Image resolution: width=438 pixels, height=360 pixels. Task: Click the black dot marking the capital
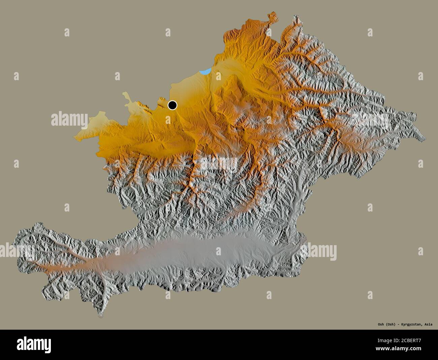[173, 105]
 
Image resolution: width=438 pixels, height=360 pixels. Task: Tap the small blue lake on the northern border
[205, 71]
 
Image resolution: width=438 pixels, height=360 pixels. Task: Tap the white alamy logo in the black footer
[34, 345]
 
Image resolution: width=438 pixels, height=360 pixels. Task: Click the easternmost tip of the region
[425, 138]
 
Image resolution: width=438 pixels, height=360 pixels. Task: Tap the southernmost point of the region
[100, 316]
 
